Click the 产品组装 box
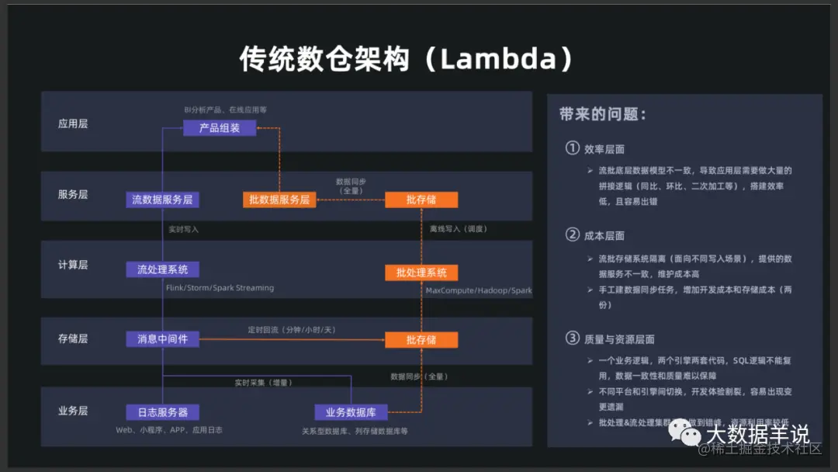coord(220,128)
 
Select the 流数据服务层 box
coord(162,200)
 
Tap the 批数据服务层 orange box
coord(279,200)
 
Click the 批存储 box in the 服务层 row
coord(421,200)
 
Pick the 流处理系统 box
coord(162,269)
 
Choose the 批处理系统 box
coord(421,272)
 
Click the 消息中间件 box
coord(162,339)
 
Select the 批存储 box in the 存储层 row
coord(421,340)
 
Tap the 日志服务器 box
coord(162,411)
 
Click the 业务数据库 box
coord(351,412)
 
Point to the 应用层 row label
coord(73,123)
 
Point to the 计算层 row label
coord(73,265)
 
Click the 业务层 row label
coord(73,411)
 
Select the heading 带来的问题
coord(602,114)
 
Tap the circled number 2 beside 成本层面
coord(573,234)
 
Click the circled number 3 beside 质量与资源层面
coord(573,338)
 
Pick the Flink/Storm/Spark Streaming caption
coord(220,288)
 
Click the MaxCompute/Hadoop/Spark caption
coord(479,291)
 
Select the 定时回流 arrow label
coord(292,330)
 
